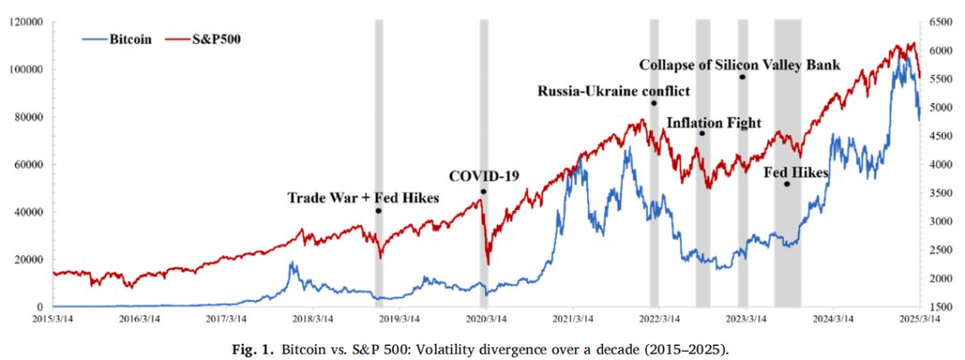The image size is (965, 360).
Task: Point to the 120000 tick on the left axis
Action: click(25, 21)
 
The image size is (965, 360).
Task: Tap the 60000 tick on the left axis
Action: click(28, 164)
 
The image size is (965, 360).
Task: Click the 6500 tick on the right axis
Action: click(942, 21)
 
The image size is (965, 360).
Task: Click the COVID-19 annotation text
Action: click(483, 176)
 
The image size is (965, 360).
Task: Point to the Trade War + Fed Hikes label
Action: click(363, 197)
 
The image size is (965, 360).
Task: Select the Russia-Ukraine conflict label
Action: click(613, 90)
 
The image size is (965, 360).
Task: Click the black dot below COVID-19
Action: click(483, 192)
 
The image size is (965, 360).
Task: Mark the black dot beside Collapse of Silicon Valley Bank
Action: click(742, 78)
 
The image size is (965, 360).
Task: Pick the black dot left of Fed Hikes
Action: click(787, 184)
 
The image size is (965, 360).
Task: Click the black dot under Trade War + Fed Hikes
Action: click(378, 211)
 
